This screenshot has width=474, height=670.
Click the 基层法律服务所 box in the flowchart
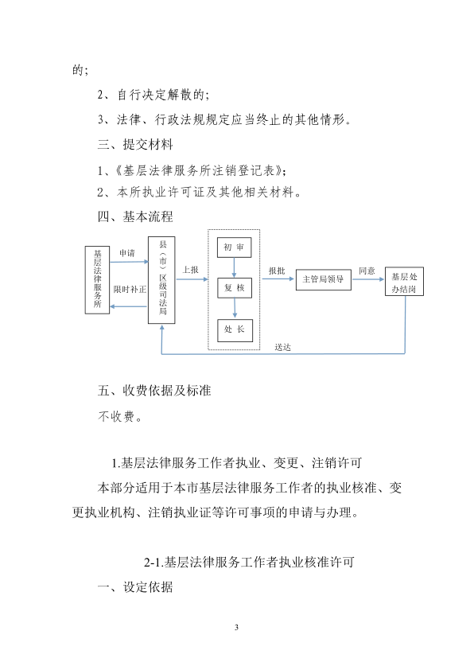tap(97, 280)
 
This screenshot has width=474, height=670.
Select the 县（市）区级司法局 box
tap(161, 280)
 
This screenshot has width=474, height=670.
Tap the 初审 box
tap(234, 247)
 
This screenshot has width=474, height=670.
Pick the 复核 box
tap(235, 288)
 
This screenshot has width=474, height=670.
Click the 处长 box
tap(235, 330)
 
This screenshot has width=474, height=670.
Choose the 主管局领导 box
tap(323, 279)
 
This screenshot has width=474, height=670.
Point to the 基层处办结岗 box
tap(404, 282)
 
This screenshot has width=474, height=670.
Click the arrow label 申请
tap(126, 253)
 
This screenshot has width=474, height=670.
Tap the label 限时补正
tap(130, 290)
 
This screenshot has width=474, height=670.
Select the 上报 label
tap(190, 270)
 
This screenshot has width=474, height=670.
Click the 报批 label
tap(277, 271)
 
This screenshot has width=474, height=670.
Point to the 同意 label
tap(367, 271)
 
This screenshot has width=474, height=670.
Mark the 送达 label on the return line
tap(282, 348)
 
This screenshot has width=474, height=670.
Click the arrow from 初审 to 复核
tap(234, 267)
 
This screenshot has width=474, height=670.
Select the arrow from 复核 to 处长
tap(235, 309)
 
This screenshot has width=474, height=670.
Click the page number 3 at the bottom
tap(236, 627)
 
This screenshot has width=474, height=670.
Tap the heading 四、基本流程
tap(135, 216)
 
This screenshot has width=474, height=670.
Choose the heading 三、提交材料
tap(135, 145)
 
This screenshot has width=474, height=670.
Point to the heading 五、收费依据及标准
tap(154, 391)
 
